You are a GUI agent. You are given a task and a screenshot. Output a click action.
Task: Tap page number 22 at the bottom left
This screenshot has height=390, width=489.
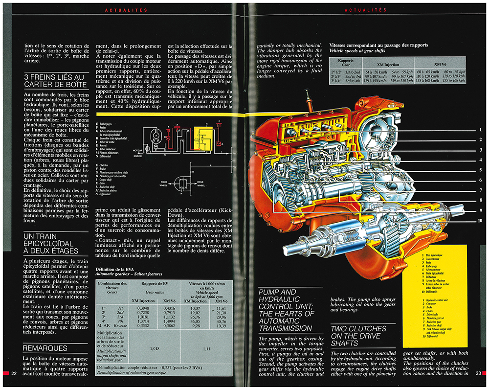click(x=14, y=374)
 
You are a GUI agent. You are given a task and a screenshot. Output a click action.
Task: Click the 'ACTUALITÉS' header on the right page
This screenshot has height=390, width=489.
click(x=366, y=10)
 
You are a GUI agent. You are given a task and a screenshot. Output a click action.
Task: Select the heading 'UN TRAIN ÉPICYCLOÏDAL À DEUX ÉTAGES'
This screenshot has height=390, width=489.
click(x=50, y=244)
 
